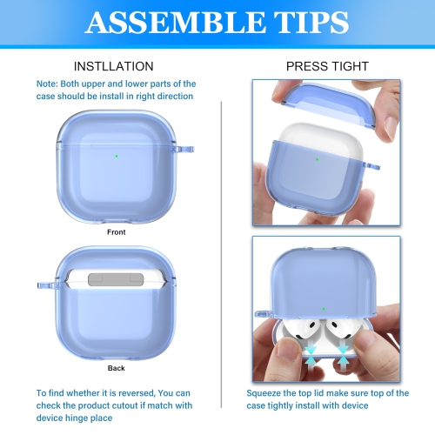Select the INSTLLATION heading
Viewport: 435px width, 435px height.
coord(114,66)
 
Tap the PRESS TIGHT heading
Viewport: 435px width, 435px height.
coord(327,66)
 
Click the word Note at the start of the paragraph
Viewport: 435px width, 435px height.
coord(48,84)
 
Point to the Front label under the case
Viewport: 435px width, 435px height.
coord(116,232)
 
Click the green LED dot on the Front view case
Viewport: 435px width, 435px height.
coord(116,157)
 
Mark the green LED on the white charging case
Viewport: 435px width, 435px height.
coord(317,159)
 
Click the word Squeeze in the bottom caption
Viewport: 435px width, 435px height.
coord(267,393)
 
